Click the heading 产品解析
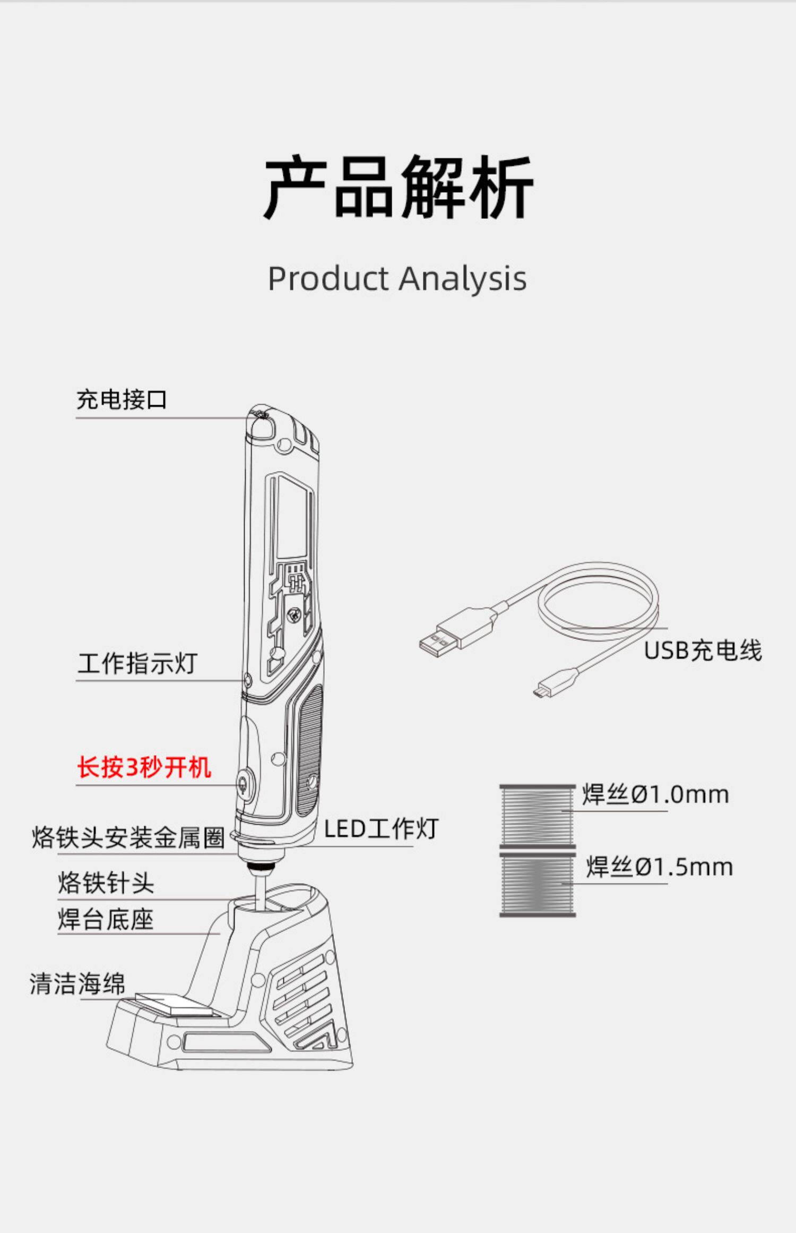[398, 187]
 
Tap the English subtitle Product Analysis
[397, 279]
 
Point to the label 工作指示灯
[137, 664]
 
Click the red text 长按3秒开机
[144, 767]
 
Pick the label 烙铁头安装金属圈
[128, 838]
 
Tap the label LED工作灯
[381, 829]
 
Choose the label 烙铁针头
[106, 883]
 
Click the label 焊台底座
[106, 919]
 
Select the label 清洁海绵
[77, 983]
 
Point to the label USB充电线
[703, 650]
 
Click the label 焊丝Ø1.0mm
[655, 795]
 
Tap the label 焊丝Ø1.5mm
[659, 867]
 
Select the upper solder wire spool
[537, 816]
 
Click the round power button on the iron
[244, 783]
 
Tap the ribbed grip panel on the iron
[309, 749]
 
